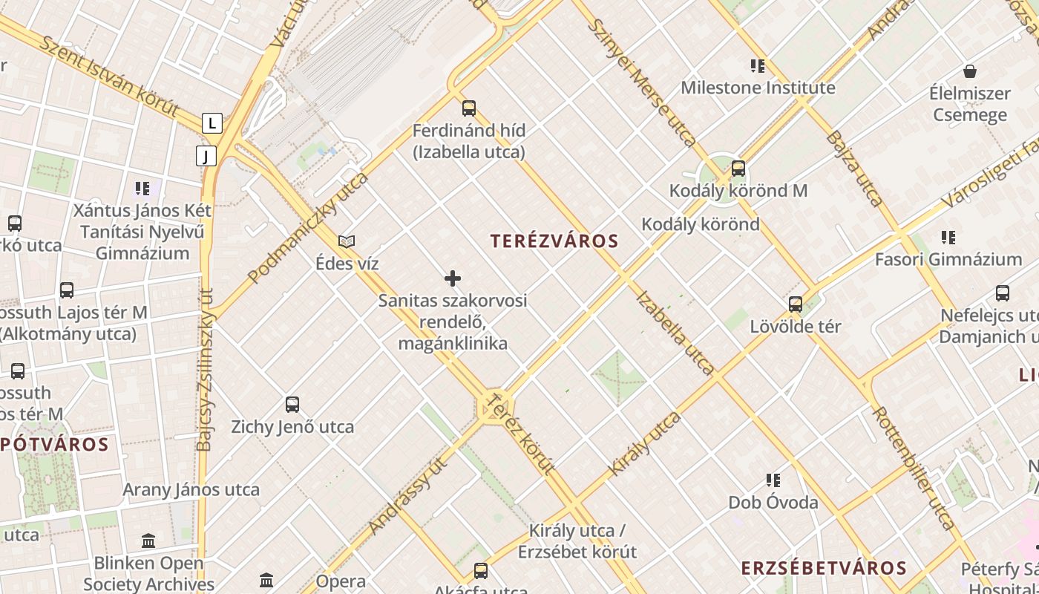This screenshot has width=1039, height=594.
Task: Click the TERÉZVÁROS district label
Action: pos(554,241)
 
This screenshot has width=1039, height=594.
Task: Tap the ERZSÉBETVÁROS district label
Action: pos(824,569)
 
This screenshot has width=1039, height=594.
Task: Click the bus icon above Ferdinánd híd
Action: pos(468,108)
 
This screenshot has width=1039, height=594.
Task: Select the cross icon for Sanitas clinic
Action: pos(453,278)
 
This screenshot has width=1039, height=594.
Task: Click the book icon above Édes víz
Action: pos(347,241)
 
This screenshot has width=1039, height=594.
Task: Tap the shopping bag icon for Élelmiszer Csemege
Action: pos(969,71)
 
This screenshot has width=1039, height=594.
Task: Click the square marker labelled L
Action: pos(212,123)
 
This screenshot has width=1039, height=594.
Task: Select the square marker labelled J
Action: pos(206,156)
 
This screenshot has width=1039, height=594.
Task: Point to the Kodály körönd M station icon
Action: pos(738,169)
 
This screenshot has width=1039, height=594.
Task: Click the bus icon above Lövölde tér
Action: pos(796,304)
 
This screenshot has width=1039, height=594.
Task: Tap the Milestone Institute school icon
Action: pos(758,66)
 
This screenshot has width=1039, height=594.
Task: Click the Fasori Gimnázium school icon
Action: pos(948,238)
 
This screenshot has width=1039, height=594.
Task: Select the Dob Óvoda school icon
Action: pos(773,480)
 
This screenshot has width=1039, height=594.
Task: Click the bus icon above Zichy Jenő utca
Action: pos(292,405)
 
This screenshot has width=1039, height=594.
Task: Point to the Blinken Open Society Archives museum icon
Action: pos(148,541)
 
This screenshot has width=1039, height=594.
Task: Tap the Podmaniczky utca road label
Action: pos(308,228)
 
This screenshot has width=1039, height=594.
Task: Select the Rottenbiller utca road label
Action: pos(914,468)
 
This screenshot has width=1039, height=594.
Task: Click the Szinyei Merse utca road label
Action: pos(642,82)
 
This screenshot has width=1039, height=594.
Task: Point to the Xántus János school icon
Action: pos(142,189)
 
